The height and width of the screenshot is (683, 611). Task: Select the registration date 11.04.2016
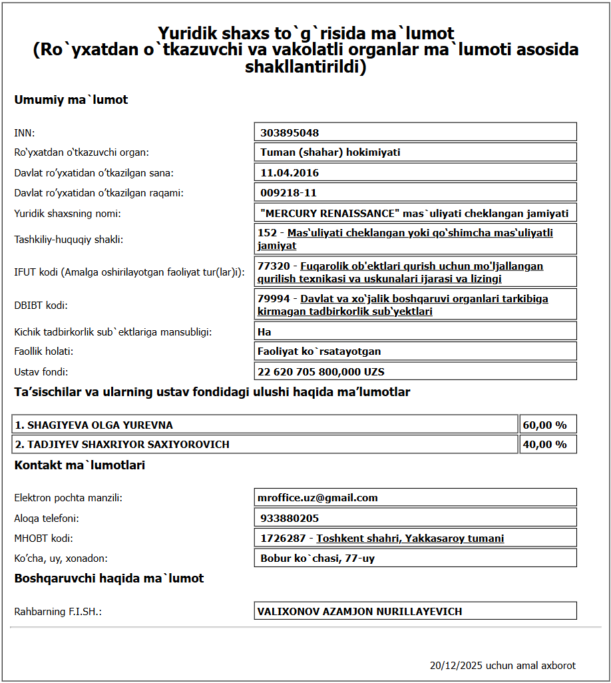point(290,173)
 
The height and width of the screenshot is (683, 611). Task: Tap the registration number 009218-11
point(288,193)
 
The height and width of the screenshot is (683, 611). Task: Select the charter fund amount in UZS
point(321,371)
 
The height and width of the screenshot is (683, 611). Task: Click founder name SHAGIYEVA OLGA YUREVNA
point(94,425)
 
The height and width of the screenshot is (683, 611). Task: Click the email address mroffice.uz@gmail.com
point(317,497)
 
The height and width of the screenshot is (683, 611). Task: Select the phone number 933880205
point(290,518)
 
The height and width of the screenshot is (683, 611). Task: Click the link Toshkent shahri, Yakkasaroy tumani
point(410,538)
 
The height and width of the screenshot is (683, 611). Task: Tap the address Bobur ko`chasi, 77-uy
point(317,558)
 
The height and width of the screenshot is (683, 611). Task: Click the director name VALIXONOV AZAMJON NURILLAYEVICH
point(359,611)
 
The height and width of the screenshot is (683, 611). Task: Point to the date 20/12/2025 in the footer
point(456,665)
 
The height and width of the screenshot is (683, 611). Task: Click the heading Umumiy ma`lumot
point(71,100)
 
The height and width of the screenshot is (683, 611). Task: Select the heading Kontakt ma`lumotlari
point(79,465)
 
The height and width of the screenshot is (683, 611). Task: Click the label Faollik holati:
point(44,351)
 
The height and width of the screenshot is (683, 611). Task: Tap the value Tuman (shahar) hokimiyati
point(330,152)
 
